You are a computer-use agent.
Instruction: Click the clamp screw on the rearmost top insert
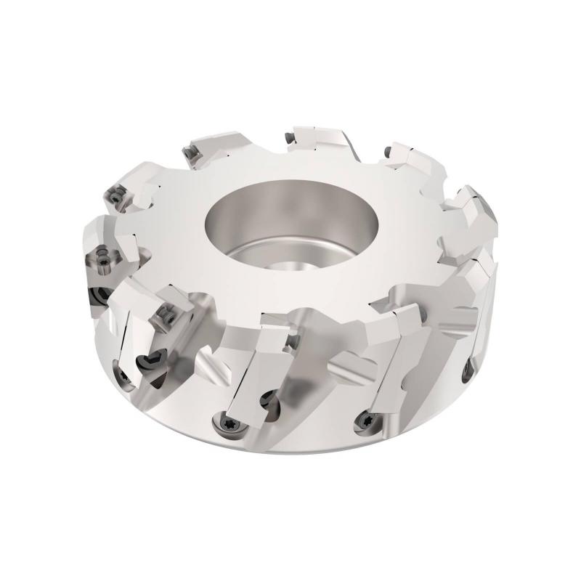[x=290, y=134]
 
